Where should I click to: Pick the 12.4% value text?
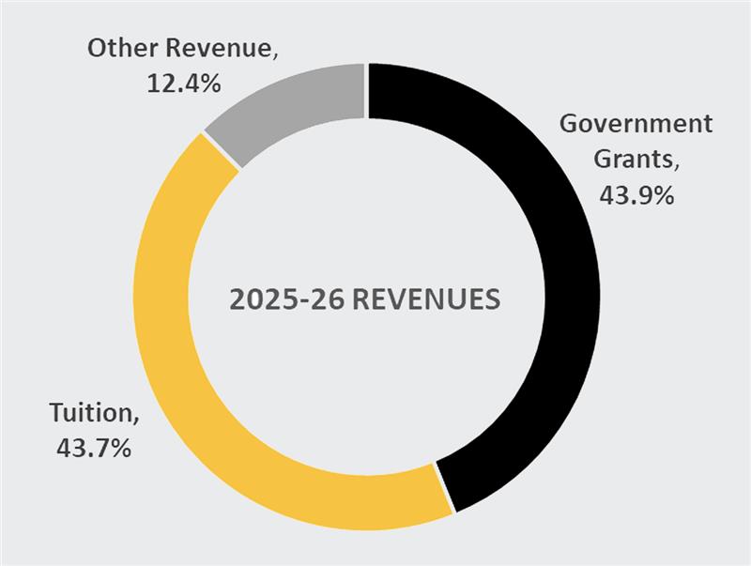click(x=183, y=84)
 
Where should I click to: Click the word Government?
click(x=636, y=124)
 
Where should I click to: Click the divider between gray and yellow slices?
click(x=222, y=151)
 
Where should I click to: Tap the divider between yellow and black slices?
click(x=443, y=488)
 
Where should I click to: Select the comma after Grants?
click(x=674, y=166)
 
